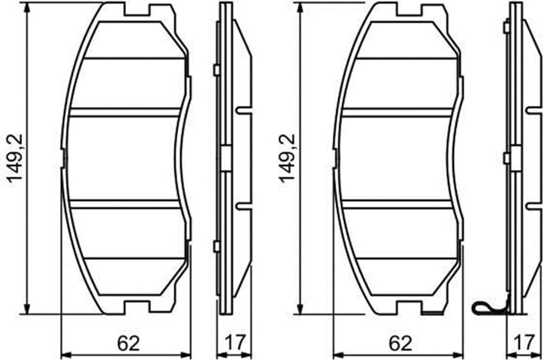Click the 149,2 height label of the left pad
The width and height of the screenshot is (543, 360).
coord(15,158)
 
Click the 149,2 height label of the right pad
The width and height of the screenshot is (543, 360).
coord(287,158)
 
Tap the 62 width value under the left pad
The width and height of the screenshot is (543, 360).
coord(128,344)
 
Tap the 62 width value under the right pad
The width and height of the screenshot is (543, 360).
coord(400,344)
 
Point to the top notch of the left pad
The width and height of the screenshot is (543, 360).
coord(137,11)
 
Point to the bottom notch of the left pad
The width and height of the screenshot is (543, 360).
coord(137,306)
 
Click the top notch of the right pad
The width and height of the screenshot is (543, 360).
coord(409,11)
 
